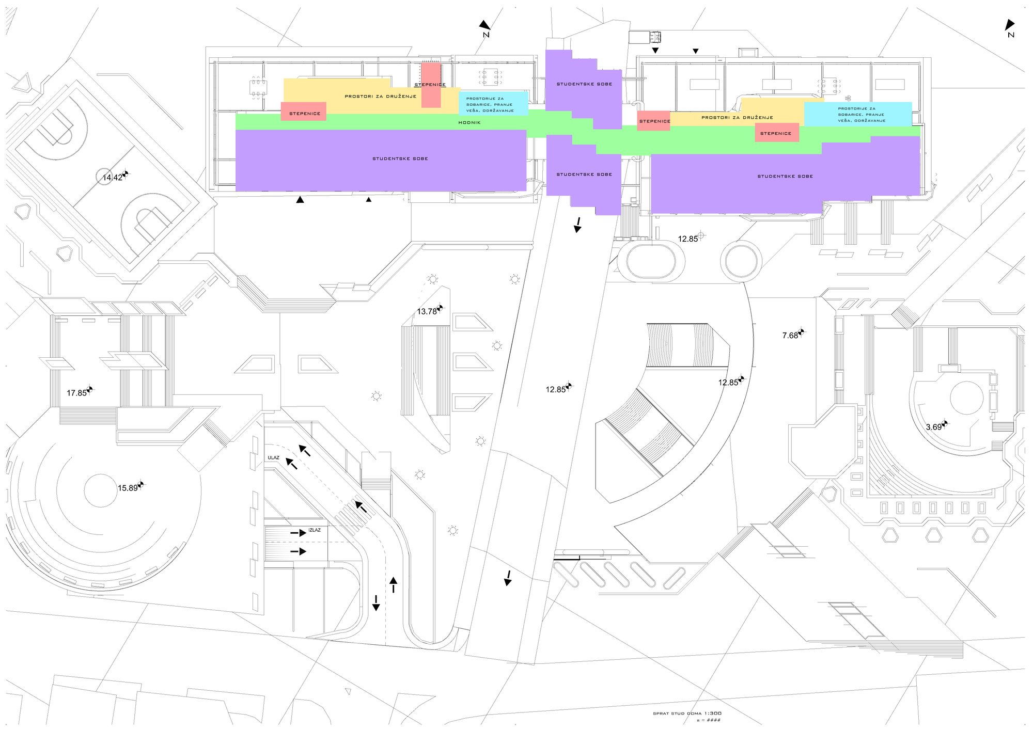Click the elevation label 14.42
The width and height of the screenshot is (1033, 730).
tap(113, 178)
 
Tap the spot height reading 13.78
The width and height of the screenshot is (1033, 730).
tap(427, 311)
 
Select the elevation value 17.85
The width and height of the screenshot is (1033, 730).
tap(76, 393)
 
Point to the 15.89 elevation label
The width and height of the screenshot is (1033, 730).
tap(128, 488)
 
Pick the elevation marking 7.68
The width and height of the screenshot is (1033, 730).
tap(790, 336)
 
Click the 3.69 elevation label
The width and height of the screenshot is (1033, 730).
tap(934, 427)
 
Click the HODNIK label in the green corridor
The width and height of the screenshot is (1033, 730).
tap(469, 123)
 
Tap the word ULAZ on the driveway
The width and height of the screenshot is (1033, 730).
tap(273, 458)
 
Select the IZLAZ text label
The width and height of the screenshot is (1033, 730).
tap(315, 530)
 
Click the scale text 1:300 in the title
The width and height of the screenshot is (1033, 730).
tap(712, 713)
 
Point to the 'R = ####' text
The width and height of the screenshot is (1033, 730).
tap(708, 720)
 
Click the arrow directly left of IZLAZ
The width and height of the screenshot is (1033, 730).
tap(298, 533)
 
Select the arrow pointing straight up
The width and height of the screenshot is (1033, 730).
tap(394, 584)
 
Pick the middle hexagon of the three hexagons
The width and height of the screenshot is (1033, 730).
tap(933, 535)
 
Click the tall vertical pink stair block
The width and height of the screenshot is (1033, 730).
tap(431, 85)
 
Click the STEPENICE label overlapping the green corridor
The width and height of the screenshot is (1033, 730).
tap(775, 134)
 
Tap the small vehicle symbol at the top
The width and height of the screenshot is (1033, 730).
tap(655, 37)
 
